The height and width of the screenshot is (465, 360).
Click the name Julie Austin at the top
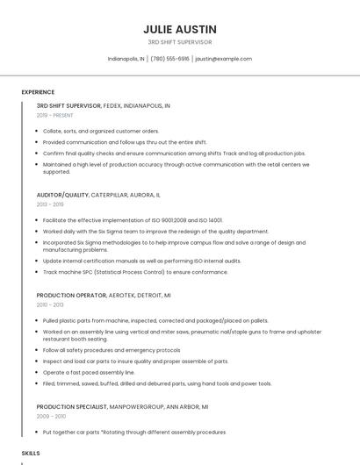pyautogui.click(x=179, y=28)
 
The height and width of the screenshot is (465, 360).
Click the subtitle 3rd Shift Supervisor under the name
pyautogui.click(x=179, y=42)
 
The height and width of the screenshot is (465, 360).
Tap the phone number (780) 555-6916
pyautogui.click(x=170, y=59)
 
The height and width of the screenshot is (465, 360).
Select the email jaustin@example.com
pyautogui.click(x=223, y=59)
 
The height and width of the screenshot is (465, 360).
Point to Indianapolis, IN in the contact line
pyautogui.click(x=126, y=59)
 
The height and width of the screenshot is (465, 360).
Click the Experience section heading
pyautogui.click(x=38, y=91)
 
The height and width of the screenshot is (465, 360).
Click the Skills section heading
pyautogui.click(x=31, y=453)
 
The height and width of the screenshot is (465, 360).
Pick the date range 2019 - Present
pyautogui.click(x=55, y=115)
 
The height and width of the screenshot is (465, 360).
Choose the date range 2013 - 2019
pyautogui.click(x=50, y=204)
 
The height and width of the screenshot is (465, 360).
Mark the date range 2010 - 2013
pyautogui.click(x=50, y=304)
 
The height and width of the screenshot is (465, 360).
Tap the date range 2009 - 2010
pyautogui.click(x=50, y=416)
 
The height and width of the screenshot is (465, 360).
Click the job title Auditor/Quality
pyautogui.click(x=63, y=194)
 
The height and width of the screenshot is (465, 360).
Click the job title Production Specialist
pyautogui.click(x=72, y=406)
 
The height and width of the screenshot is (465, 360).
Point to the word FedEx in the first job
pyautogui.click(x=112, y=105)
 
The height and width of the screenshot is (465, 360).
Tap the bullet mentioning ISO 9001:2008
pyautogui.click(x=133, y=220)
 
